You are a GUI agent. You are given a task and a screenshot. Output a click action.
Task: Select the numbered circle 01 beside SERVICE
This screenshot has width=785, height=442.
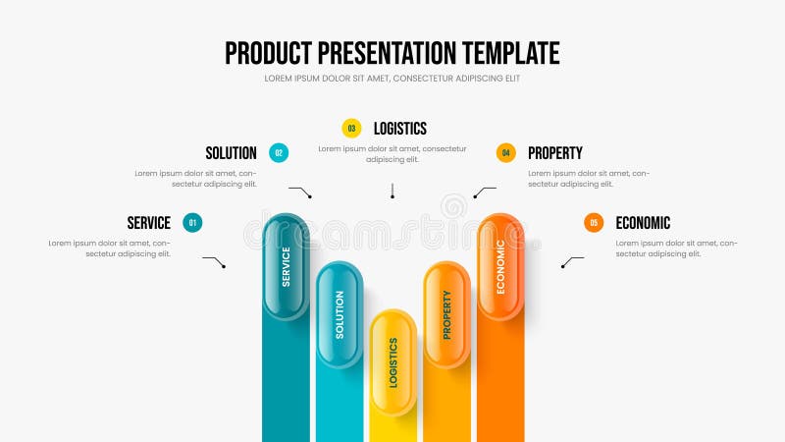[x=192, y=223]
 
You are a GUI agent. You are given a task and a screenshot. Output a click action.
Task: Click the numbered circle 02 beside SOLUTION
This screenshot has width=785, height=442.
[x=279, y=153]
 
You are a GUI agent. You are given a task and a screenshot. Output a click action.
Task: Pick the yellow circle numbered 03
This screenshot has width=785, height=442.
[x=351, y=128]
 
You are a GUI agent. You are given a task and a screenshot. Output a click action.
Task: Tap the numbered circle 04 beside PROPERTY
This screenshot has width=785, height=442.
[x=505, y=152]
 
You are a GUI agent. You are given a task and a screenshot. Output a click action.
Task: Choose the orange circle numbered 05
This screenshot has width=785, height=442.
[x=593, y=223]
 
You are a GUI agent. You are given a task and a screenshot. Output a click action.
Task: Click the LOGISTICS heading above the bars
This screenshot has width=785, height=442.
[x=399, y=128]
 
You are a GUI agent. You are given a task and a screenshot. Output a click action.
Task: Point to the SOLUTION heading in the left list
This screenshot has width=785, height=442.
[x=231, y=153]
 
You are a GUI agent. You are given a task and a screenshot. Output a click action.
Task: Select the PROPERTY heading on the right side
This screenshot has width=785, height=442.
[x=554, y=153]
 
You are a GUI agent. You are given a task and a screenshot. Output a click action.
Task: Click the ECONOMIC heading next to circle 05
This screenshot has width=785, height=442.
[x=643, y=223]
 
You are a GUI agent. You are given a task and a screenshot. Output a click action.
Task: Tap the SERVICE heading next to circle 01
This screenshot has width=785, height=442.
[x=148, y=223]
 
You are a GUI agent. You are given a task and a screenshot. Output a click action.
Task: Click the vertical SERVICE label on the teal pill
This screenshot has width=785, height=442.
[x=286, y=265]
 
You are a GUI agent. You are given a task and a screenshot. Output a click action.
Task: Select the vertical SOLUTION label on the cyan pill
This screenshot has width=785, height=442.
[x=340, y=314]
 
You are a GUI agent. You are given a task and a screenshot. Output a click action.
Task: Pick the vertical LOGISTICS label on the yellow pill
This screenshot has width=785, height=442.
[x=393, y=362]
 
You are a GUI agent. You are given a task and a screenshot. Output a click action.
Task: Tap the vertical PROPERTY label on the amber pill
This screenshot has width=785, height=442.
[x=446, y=314]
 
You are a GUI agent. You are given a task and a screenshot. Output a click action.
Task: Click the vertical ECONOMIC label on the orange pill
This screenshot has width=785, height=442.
[x=500, y=266]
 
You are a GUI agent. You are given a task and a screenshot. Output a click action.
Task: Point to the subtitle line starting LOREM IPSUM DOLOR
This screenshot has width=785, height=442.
[x=392, y=78]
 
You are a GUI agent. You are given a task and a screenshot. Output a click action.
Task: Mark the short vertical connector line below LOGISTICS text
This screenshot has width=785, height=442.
[x=392, y=191]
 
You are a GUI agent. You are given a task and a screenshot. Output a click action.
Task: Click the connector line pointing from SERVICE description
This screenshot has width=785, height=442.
[x=214, y=261]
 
